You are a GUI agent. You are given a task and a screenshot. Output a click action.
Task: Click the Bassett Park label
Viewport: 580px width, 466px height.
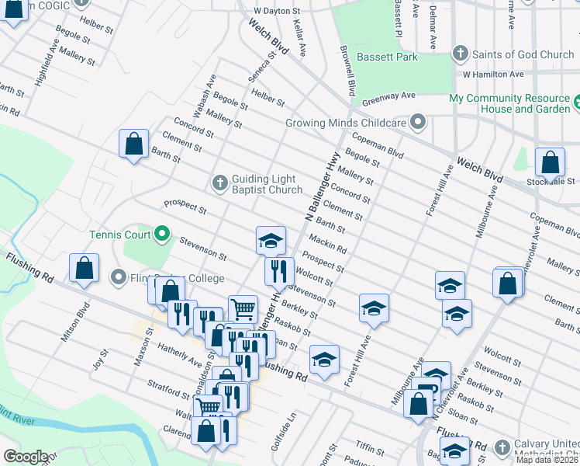(x=387, y=57)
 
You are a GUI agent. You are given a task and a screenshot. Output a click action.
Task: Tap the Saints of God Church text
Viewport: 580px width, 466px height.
(x=523, y=54)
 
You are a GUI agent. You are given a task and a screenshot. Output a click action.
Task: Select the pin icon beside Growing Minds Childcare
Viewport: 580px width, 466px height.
(x=419, y=123)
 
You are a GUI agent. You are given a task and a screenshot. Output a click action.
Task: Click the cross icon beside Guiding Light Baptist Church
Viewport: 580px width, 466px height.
(x=219, y=183)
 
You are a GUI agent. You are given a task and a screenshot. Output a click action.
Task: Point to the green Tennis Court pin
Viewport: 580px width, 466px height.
(x=162, y=233)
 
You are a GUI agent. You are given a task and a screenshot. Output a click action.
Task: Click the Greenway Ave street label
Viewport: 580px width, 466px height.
(x=388, y=96)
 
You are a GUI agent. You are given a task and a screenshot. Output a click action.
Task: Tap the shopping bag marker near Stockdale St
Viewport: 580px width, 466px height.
(x=550, y=163)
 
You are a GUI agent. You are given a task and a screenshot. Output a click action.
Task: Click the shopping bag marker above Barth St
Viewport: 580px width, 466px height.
(x=133, y=144)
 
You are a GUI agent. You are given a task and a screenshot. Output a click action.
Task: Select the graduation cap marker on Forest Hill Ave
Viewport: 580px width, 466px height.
(x=373, y=308)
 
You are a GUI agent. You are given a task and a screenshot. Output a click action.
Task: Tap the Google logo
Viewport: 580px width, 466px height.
(x=26, y=457)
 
